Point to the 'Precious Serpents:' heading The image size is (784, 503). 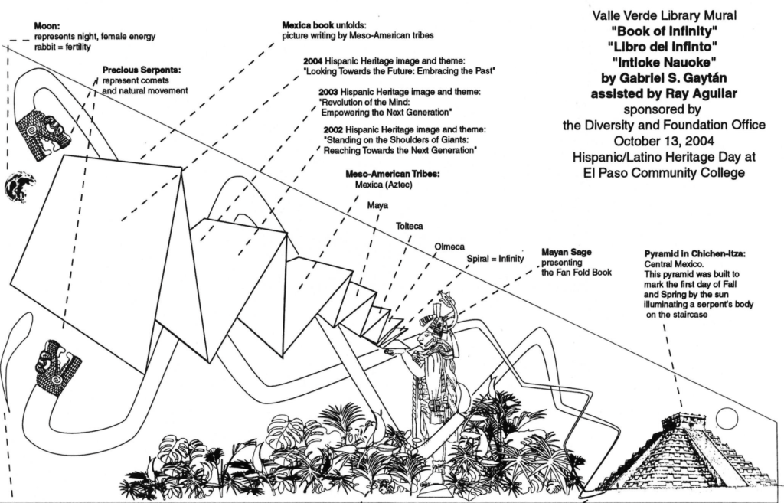pos(136,70)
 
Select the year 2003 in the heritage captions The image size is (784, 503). pos(330,92)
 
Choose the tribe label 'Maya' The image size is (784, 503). pos(377,205)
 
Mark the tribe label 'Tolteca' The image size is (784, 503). pos(409,226)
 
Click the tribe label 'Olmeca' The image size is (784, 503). pos(449,247)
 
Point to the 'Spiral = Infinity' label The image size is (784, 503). pos(495,259)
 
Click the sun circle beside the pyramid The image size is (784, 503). pos(726,418)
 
